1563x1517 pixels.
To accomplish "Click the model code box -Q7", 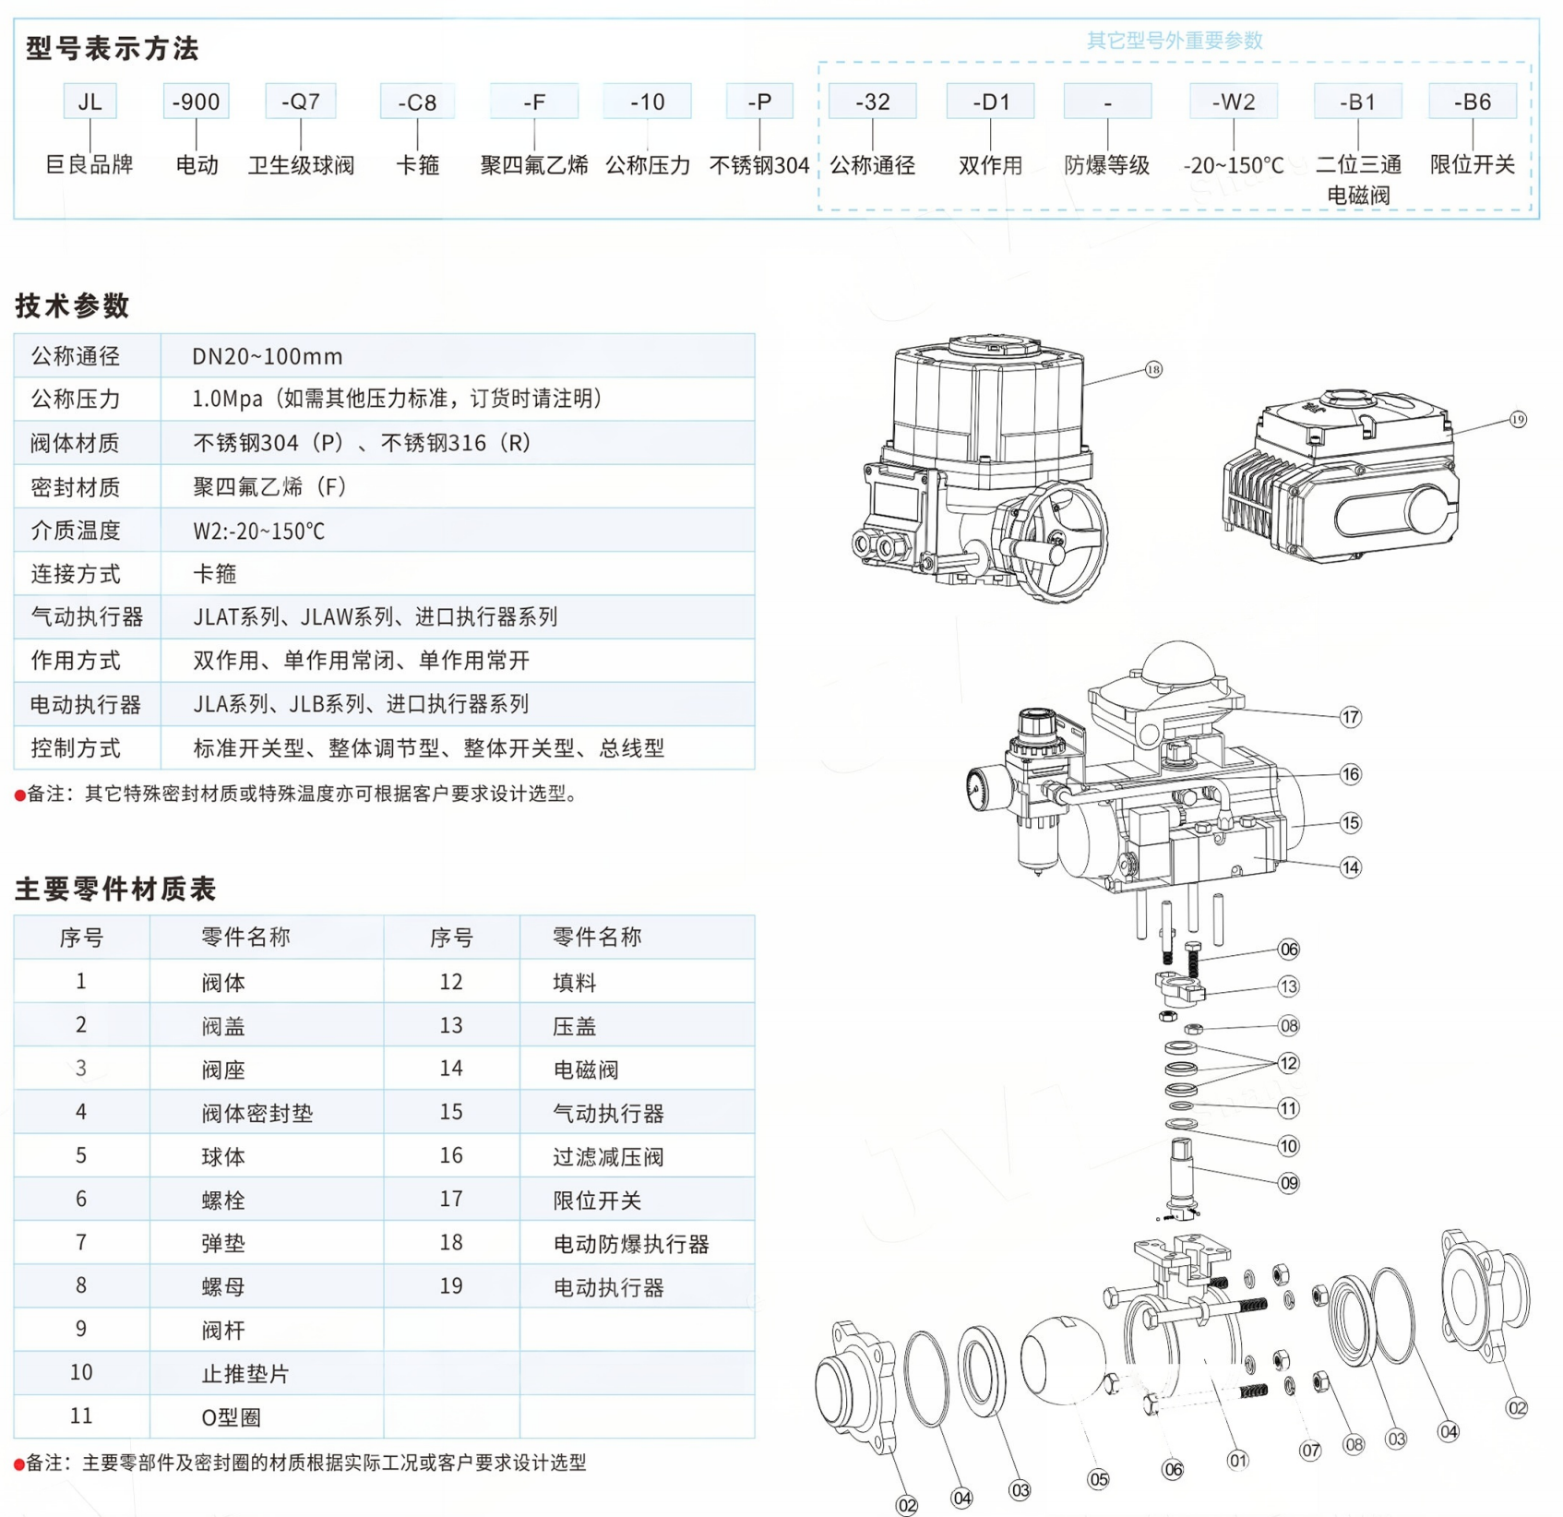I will click(300, 102).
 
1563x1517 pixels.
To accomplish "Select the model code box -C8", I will click(417, 102).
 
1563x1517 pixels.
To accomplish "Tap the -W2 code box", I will click(1233, 102).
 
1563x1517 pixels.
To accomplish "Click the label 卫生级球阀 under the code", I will click(301, 165).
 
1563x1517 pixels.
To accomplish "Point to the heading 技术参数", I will click(72, 305).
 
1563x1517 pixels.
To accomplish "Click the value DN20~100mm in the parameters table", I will click(267, 356).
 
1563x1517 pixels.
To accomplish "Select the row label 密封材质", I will click(75, 486).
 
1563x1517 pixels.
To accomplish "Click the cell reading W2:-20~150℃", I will click(258, 531).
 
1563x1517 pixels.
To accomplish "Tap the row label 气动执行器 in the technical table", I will click(87, 616).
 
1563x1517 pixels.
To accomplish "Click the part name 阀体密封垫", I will click(257, 1113).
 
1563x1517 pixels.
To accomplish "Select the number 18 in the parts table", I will click(450, 1242).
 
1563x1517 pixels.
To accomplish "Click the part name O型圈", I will click(231, 1416).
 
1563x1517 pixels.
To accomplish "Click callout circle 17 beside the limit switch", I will click(1350, 717).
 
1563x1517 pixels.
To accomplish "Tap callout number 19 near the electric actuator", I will click(1518, 420).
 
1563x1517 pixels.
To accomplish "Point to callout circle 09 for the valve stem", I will click(1288, 1183).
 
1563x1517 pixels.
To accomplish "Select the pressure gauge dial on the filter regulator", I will click(975, 787).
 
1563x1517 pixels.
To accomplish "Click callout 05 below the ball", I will click(1097, 1479).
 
